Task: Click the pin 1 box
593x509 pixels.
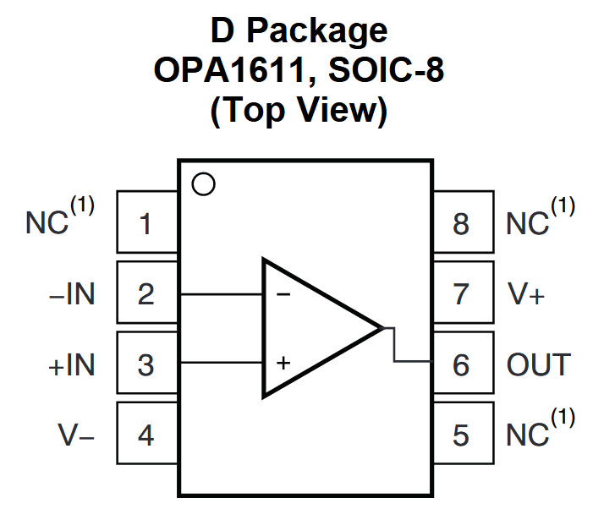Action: [146, 224]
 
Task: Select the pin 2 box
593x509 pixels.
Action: [146, 294]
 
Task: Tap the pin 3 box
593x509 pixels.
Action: [146, 364]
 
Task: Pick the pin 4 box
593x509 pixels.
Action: [146, 435]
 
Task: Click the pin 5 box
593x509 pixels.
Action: [462, 435]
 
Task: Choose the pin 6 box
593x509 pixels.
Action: [462, 364]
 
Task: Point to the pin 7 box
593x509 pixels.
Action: [462, 294]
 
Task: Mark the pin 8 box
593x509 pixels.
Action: [462, 224]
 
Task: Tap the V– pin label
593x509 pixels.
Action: [76, 435]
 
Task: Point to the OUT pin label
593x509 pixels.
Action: [539, 365]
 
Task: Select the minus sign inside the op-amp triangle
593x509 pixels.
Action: [283, 294]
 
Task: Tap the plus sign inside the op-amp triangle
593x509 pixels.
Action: [283, 364]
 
